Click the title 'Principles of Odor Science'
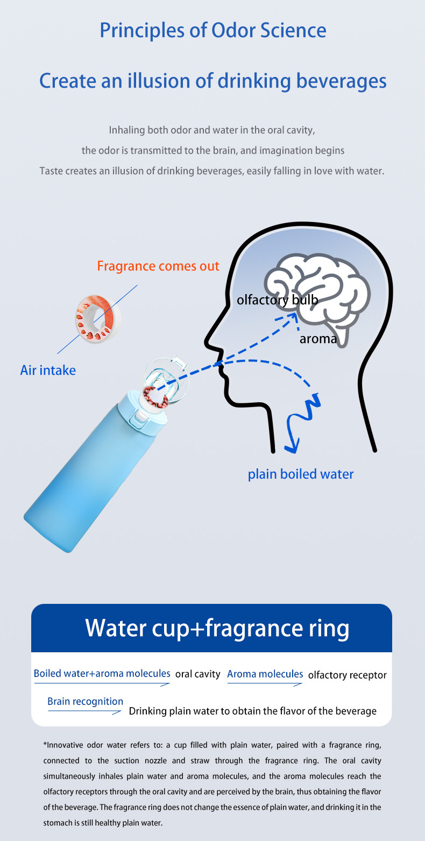coord(212,30)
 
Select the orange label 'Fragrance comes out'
coord(158,266)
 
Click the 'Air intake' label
coord(48,370)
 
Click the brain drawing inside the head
coord(317,296)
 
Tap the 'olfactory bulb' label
coord(277,300)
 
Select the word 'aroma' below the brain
coord(318,339)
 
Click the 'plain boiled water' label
coord(301,474)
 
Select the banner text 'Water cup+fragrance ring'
coord(217,628)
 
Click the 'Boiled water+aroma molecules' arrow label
coord(102,673)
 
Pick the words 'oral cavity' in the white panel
coord(197,674)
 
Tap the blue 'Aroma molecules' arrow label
coord(265,674)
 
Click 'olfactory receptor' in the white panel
coord(347,675)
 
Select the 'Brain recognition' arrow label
coord(85,701)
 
